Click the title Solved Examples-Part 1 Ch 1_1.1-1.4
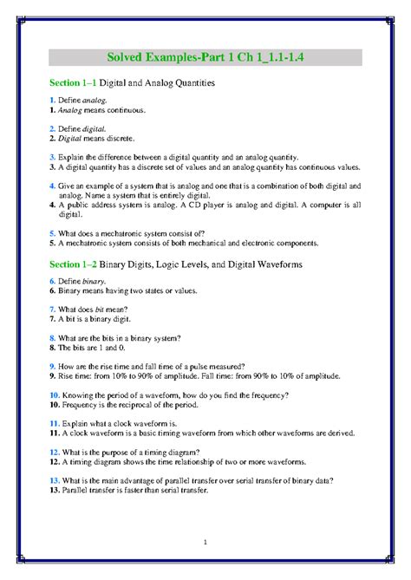click(205, 58)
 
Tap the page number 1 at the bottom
click(205, 543)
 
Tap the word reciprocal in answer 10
click(136, 404)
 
